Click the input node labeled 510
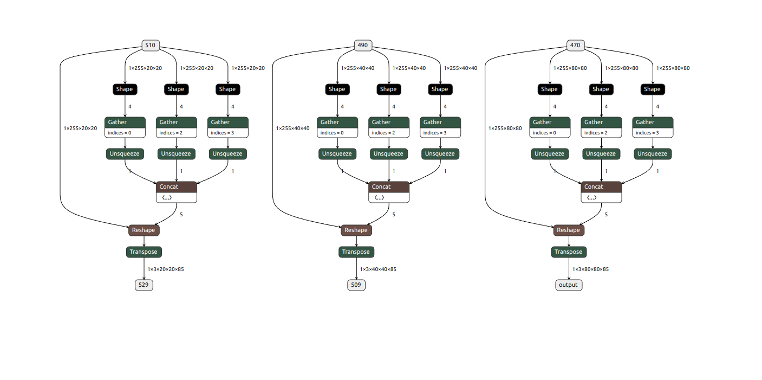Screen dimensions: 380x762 (x=151, y=46)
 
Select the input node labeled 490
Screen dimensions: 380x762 (x=363, y=46)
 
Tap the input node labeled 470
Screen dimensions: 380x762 (x=575, y=46)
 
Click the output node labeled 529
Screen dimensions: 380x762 (x=144, y=285)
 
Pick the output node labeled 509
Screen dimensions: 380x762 (x=356, y=285)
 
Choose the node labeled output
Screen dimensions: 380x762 (x=569, y=285)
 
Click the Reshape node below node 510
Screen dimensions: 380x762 (x=144, y=230)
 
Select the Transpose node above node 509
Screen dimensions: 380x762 (x=356, y=252)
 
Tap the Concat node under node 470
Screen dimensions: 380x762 (x=601, y=187)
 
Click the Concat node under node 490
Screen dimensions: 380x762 (x=389, y=187)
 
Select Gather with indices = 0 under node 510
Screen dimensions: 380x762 (x=125, y=127)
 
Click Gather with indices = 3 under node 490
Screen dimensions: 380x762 (x=440, y=127)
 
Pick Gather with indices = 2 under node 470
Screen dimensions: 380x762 (x=601, y=127)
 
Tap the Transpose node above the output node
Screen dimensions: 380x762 (x=569, y=252)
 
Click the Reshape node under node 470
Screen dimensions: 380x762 (x=569, y=230)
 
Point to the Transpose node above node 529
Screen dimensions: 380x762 (x=144, y=252)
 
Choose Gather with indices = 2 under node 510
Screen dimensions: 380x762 (x=177, y=127)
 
